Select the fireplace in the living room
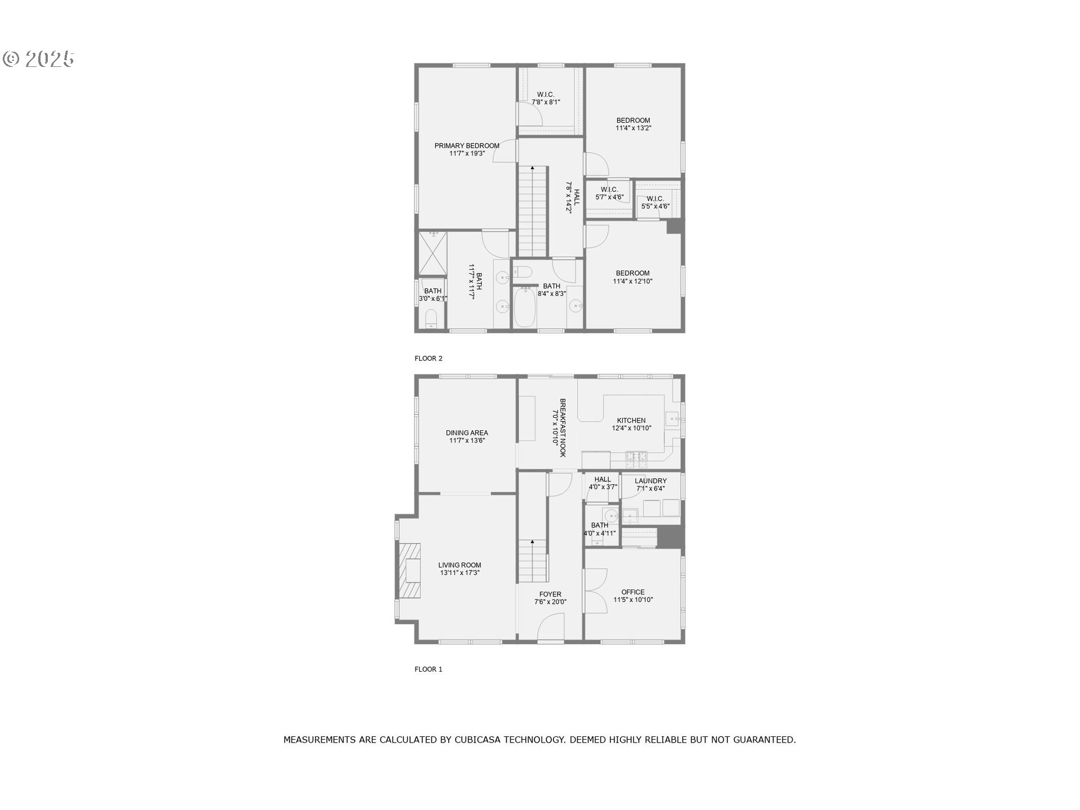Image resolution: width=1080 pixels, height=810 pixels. tap(409, 570)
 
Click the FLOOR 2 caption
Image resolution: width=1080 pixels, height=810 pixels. tap(429, 358)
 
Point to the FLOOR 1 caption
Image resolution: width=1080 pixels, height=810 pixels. tap(429, 669)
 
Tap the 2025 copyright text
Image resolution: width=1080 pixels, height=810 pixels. tap(39, 59)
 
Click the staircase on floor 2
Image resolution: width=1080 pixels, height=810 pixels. tap(533, 211)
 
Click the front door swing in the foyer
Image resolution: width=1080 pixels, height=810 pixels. tap(551, 627)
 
